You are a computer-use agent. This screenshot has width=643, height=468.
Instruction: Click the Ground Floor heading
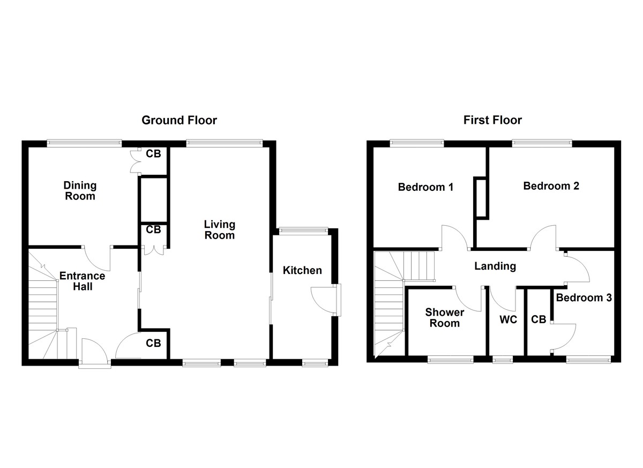pyautogui.click(x=179, y=120)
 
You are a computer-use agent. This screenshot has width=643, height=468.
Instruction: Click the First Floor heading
pyautogui.click(x=492, y=120)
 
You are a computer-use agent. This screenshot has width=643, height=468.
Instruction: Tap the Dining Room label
pyautogui.click(x=80, y=191)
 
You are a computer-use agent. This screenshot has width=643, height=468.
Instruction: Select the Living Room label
pyautogui.click(x=220, y=229)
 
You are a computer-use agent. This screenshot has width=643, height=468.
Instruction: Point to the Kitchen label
pyautogui.click(x=302, y=270)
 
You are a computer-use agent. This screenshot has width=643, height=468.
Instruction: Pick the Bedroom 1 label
pyautogui.click(x=425, y=187)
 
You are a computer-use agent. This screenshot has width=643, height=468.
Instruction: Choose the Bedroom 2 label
pyautogui.click(x=551, y=186)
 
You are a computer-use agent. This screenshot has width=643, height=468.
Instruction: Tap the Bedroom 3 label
pyautogui.click(x=584, y=298)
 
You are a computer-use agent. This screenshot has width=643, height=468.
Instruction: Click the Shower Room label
pyautogui.click(x=444, y=317)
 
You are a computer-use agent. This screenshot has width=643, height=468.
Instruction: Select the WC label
pyautogui.click(x=507, y=320)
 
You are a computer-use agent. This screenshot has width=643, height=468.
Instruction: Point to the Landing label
pyautogui.click(x=495, y=266)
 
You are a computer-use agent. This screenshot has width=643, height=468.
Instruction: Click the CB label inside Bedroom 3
pyautogui.click(x=539, y=320)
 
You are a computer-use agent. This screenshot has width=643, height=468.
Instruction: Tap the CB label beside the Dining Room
pyautogui.click(x=153, y=154)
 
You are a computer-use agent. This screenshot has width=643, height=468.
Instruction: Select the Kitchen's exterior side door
pyautogui.click(x=326, y=301)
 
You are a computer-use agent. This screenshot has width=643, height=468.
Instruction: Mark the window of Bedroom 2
pyautogui.click(x=542, y=143)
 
